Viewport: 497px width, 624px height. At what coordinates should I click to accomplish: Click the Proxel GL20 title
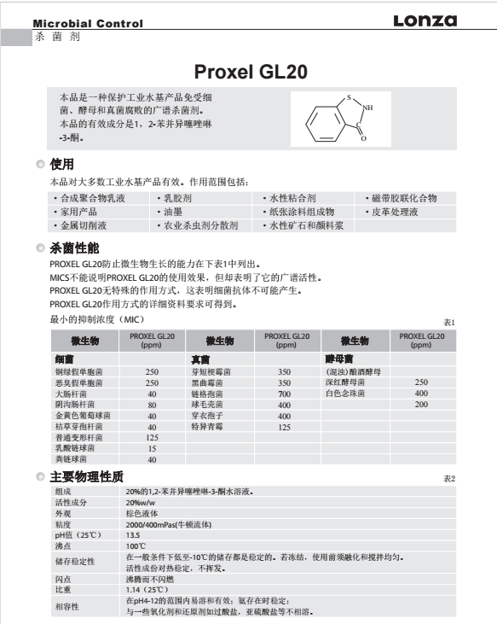point(248,72)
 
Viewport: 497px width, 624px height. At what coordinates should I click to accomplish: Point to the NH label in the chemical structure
point(367,108)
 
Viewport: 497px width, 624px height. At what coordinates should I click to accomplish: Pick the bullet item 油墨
point(172,212)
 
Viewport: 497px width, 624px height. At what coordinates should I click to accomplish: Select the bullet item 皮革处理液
point(394,212)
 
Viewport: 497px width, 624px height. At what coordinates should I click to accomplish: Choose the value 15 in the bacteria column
point(153,447)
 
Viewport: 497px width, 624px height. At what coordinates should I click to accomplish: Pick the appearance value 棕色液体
point(142,515)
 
